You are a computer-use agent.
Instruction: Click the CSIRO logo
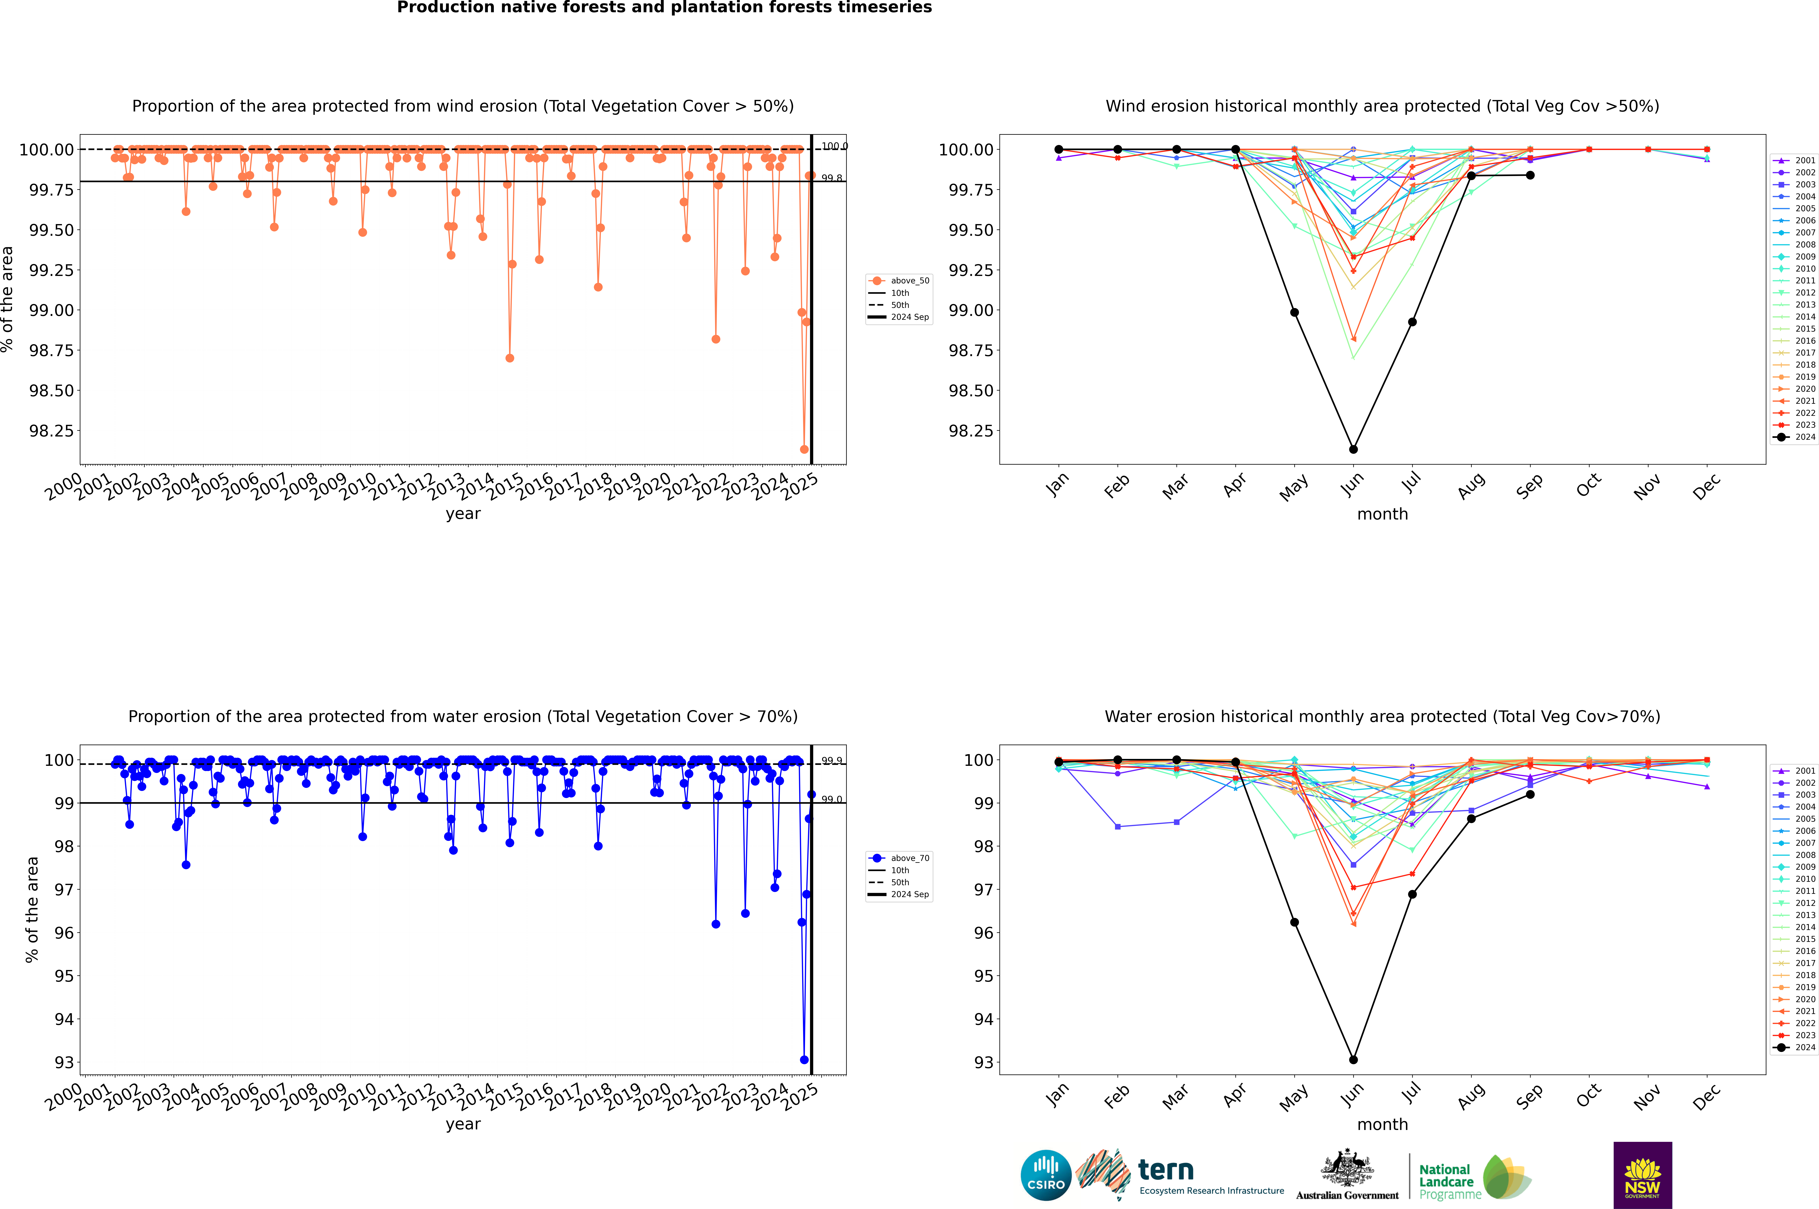(1046, 1175)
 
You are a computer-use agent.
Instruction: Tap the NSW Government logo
(1642, 1175)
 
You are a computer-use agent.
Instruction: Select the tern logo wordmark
(1166, 1171)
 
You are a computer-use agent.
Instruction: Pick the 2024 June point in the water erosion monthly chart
(1353, 1059)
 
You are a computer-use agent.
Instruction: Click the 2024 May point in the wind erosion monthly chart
(1295, 312)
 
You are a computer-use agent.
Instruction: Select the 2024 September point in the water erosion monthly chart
(1530, 794)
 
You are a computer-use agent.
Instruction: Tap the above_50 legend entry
(901, 281)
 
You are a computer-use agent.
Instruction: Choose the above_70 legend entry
(901, 858)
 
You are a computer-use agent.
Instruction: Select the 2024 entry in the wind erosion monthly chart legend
(1797, 437)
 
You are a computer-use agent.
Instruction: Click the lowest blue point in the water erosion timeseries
(804, 1059)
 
